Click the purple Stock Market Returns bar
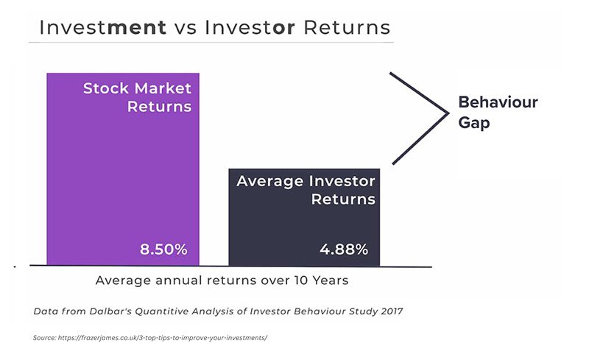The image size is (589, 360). point(122,177)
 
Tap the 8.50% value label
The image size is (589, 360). point(163,249)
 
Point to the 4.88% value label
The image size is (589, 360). point(343,249)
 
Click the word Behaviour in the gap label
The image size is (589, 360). point(498,102)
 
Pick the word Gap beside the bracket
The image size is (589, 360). point(474,123)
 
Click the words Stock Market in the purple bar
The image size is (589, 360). point(137,89)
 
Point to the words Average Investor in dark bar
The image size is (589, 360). point(306,181)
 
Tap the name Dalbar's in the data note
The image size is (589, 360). point(116,311)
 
